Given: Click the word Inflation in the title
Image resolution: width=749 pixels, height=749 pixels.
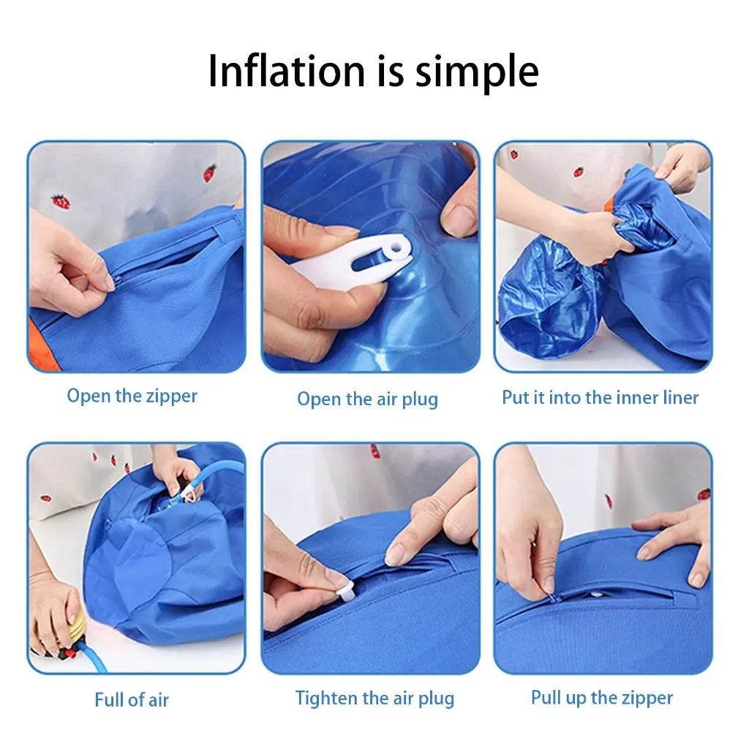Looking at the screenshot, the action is pyautogui.click(x=287, y=71).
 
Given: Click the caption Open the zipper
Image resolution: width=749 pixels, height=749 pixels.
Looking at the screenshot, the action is pyautogui.click(x=132, y=396).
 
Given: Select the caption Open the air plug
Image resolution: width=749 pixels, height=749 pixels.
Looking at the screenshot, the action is pyautogui.click(x=367, y=399).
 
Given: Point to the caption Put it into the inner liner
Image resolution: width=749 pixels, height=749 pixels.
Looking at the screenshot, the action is pyautogui.click(x=600, y=397).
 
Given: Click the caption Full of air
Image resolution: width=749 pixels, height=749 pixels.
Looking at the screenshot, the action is pyautogui.click(x=132, y=700).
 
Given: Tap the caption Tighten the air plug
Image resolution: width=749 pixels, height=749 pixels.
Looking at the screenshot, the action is pyautogui.click(x=374, y=699).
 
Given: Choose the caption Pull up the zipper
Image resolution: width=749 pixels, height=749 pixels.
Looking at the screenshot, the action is pyautogui.click(x=602, y=698).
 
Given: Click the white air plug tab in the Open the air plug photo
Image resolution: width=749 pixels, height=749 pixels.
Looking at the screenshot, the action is pyautogui.click(x=354, y=263).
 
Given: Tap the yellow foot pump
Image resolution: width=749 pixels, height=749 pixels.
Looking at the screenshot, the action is pyautogui.click(x=60, y=631).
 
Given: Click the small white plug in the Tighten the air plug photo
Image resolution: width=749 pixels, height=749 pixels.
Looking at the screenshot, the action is pyautogui.click(x=345, y=593).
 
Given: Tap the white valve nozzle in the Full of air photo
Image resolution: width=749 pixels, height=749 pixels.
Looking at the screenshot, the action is pyautogui.click(x=189, y=494).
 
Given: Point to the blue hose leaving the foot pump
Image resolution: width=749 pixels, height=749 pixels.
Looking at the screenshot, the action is pyautogui.click(x=91, y=657).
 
